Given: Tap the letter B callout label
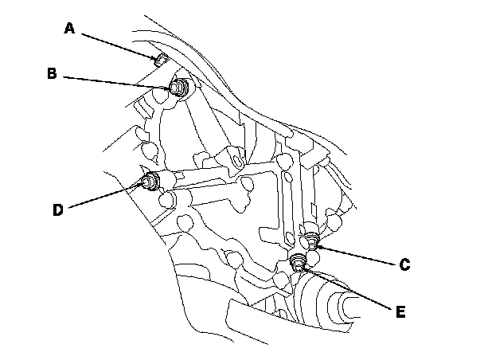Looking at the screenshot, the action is pyautogui.click(x=51, y=74).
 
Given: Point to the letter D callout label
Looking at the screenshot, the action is pyautogui.click(x=57, y=210).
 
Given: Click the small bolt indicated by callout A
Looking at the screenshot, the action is pyautogui.click(x=158, y=57).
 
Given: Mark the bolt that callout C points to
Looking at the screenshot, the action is pyautogui.click(x=311, y=241).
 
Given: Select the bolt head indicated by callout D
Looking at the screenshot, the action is pyautogui.click(x=149, y=182).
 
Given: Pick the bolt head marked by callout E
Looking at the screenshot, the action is pyautogui.click(x=299, y=264).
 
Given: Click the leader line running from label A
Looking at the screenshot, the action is pyautogui.click(x=115, y=44).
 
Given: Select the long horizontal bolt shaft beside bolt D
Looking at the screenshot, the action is pyautogui.click(x=215, y=173).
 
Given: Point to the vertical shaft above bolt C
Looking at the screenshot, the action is pyautogui.click(x=308, y=191).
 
